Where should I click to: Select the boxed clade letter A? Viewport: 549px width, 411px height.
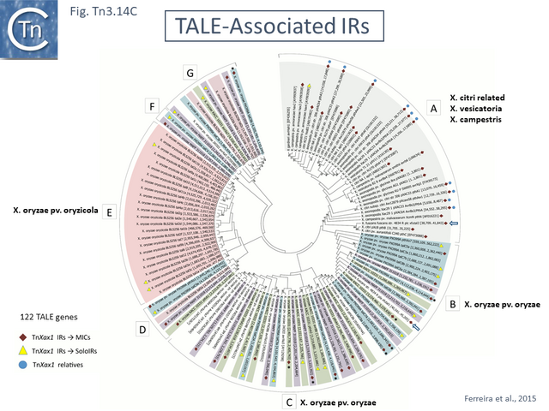[434, 109]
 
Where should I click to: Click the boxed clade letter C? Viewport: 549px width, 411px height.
[290, 400]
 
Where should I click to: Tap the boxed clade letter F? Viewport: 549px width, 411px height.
[153, 107]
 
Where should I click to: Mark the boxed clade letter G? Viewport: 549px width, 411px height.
[190, 73]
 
